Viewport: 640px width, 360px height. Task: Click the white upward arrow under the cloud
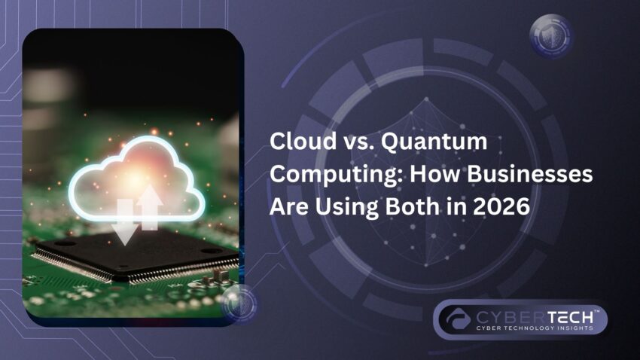click(149, 208)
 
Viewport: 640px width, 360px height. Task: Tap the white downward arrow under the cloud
click(126, 223)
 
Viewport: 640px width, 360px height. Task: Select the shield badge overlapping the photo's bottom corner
click(241, 303)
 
